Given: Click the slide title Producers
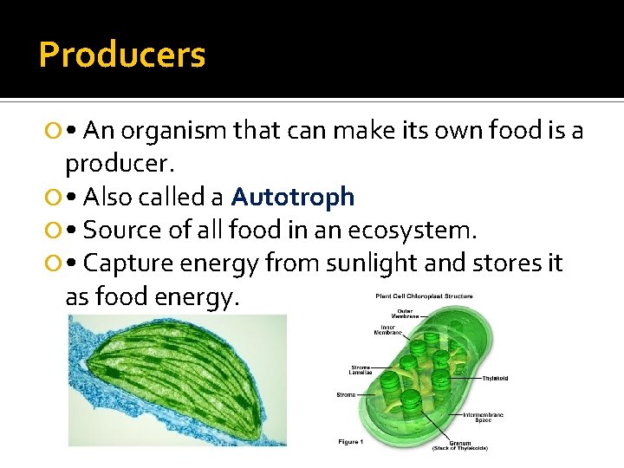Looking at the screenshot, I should tap(122, 55).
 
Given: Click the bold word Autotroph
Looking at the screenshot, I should tap(293, 197).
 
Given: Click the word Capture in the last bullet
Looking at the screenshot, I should tap(128, 263).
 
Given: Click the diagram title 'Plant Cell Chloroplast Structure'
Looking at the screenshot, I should tap(424, 296).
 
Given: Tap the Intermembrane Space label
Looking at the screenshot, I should tap(484, 417).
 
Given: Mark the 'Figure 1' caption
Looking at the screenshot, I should tap(352, 442).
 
